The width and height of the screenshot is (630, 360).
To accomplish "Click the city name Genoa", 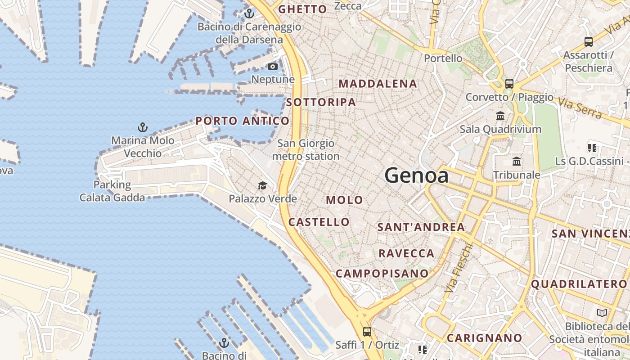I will click(x=416, y=175).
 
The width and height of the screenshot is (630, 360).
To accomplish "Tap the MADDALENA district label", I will click(x=378, y=84).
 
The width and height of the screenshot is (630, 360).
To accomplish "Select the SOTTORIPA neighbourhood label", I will click(x=321, y=103).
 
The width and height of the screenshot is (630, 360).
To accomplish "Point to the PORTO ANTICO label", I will click(x=242, y=121).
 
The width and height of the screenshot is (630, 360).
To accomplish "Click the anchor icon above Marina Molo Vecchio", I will click(x=143, y=127).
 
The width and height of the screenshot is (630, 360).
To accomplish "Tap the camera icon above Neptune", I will click(x=272, y=67).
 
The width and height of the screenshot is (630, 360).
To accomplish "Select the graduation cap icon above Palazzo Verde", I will click(x=262, y=185).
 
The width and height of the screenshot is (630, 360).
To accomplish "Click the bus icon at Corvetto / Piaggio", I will click(x=509, y=84).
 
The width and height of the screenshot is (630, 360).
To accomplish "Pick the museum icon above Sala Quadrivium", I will click(x=500, y=116).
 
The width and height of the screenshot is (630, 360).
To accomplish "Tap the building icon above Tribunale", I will click(x=517, y=161).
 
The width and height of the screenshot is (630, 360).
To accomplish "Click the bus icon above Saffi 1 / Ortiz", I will click(x=367, y=332).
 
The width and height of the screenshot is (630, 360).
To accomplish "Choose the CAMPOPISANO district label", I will click(x=382, y=274).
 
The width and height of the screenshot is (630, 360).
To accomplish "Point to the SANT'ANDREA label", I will click(x=421, y=227).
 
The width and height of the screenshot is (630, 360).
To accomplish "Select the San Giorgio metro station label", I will click(x=306, y=150).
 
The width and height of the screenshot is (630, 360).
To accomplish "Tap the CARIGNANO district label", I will click(x=484, y=338).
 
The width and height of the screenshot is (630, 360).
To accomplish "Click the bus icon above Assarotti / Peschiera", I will click(x=588, y=42).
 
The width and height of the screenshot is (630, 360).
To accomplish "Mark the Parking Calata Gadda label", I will click(x=112, y=191).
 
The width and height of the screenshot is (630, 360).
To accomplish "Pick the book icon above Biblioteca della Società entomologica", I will click(x=602, y=313).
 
